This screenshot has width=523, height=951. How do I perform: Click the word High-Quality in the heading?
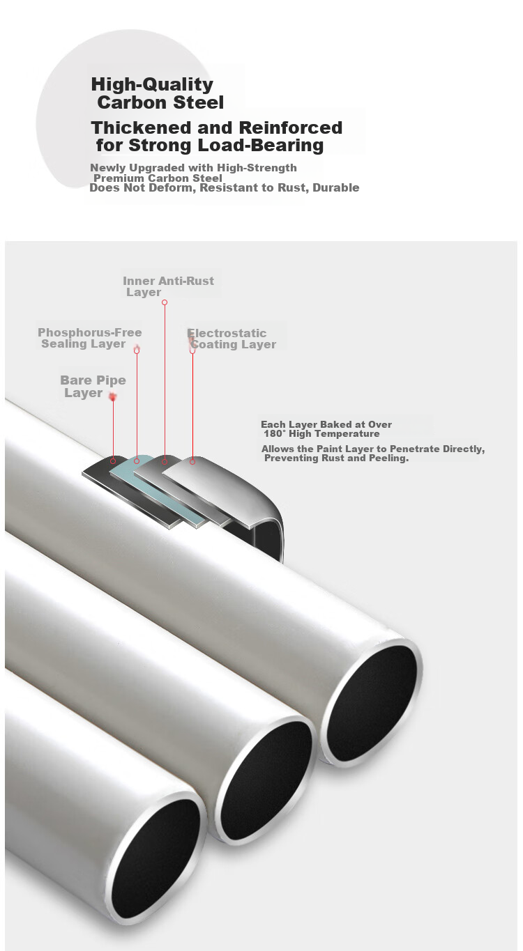(152, 84)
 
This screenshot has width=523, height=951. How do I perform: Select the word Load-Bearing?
(261, 145)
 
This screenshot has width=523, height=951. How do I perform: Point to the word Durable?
(335, 187)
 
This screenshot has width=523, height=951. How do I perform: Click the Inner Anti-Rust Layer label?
(168, 286)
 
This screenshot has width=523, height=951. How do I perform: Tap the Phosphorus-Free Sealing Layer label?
(90, 338)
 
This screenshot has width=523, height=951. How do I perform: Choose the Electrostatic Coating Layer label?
(232, 339)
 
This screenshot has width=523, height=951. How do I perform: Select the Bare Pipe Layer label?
(93, 387)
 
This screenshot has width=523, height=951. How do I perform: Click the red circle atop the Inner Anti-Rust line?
(165, 302)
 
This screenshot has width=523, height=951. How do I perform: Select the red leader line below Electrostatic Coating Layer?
(192, 406)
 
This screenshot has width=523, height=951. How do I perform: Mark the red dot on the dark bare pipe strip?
(113, 461)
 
